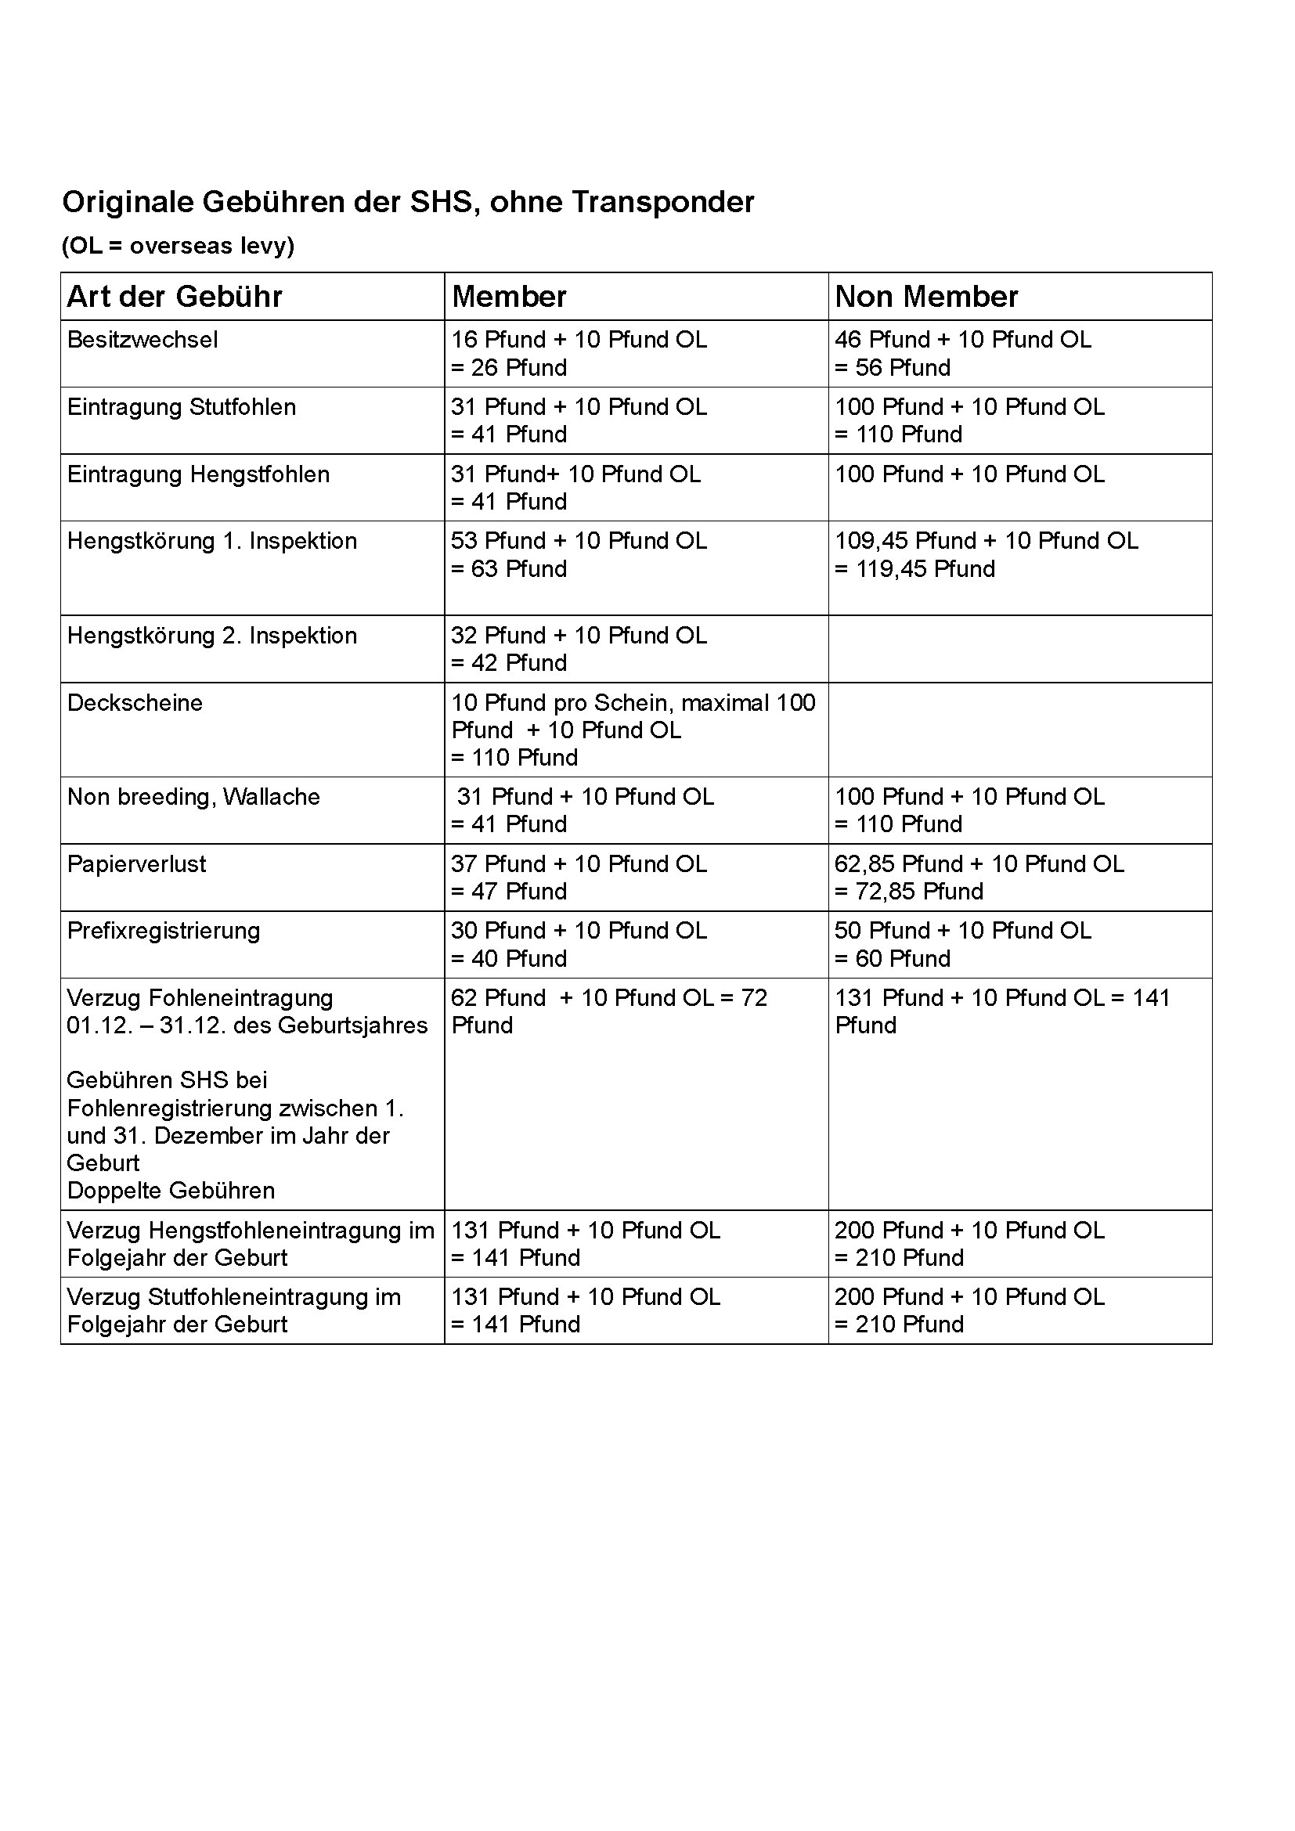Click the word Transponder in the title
tap(662, 203)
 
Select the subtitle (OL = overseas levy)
tap(178, 246)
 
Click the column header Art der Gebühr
tap(175, 297)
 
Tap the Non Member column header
tap(925, 297)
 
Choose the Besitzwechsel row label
tap(142, 340)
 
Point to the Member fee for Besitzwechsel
tap(579, 353)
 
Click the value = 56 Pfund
tap(893, 368)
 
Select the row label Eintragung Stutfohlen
tap(181, 407)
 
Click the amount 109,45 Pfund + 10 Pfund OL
tap(986, 541)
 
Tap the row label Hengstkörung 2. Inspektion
tap(211, 636)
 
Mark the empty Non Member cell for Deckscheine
tap(1019, 729)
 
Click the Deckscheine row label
tap(135, 702)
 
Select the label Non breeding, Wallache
tap(193, 797)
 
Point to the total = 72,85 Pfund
tap(908, 892)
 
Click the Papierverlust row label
tap(136, 863)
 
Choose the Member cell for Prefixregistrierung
tap(579, 944)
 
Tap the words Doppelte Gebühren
tap(171, 1191)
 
